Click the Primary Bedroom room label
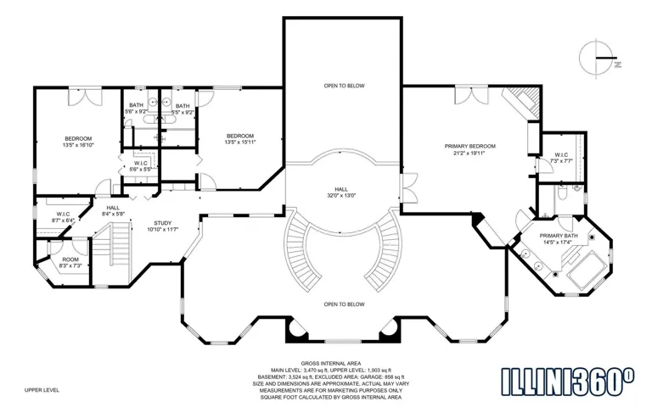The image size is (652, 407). coord(469,146)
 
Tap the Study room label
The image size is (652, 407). coord(163,223)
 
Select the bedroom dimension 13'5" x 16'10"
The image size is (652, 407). coord(78,145)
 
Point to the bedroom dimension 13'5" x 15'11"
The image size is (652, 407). coord(240,142)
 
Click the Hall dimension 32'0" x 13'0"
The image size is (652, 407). coord(341,195)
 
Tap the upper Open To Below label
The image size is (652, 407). coord(344,86)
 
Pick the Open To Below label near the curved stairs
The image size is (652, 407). coord(344,304)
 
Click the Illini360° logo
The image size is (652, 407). coord(568,382)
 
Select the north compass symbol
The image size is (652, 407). coord(598,58)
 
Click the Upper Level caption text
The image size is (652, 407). coord(42,390)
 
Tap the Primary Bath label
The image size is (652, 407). coord(559,236)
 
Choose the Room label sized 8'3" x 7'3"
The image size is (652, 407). coord(70,259)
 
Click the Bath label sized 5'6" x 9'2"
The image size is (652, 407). coord(136,105)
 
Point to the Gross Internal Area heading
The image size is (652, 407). coord(331,364)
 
